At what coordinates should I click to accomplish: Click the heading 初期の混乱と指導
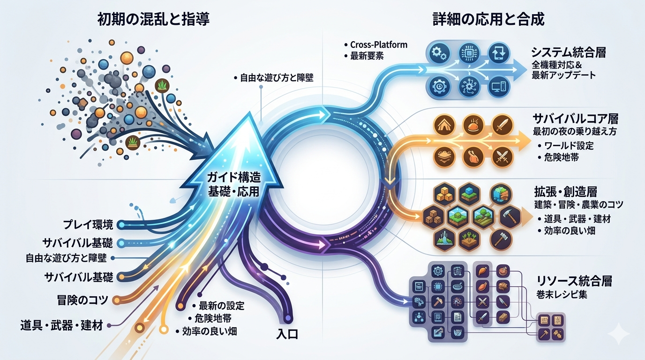click(153, 20)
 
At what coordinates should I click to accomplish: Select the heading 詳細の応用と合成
click(488, 20)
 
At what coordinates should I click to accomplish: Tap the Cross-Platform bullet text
click(379, 45)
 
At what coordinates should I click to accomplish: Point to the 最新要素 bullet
click(367, 56)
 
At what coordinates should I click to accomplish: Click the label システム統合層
click(569, 52)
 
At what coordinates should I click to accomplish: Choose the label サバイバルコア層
click(575, 119)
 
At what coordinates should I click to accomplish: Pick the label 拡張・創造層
click(565, 192)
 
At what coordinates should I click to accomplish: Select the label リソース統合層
click(574, 281)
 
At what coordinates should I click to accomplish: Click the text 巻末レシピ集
click(562, 295)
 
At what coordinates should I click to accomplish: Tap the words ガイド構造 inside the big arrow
click(234, 177)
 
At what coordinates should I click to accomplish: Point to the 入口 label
click(287, 334)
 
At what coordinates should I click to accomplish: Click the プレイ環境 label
click(89, 225)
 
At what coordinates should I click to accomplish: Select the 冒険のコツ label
click(82, 300)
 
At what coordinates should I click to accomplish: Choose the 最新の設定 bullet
click(221, 306)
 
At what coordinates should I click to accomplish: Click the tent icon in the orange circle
click(444, 126)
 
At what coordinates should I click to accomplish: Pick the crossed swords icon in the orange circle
click(503, 157)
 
